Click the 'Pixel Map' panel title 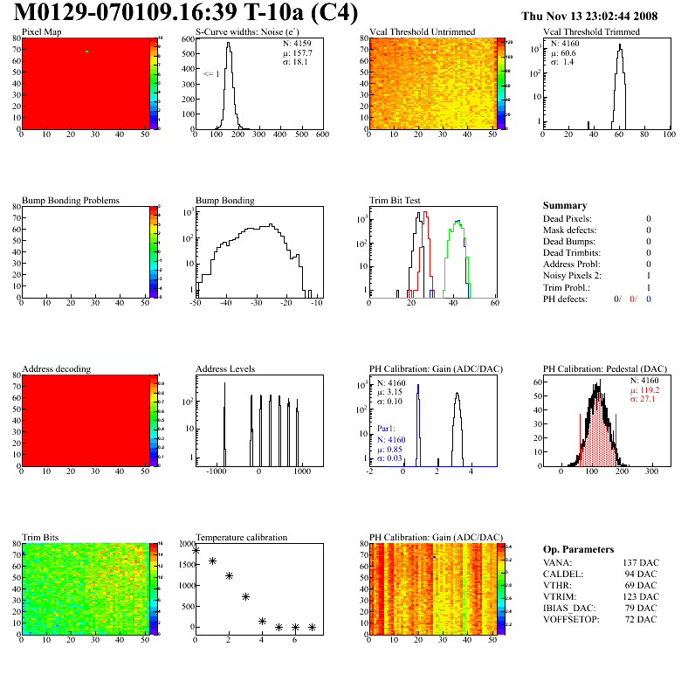[x=42, y=32]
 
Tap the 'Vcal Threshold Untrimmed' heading [x=423, y=32]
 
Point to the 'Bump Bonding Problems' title [x=71, y=201]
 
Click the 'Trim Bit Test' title [x=396, y=201]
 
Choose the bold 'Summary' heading [x=565, y=206]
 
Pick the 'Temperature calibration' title [x=242, y=538]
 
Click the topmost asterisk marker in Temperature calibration [x=196, y=550]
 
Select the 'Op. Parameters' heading [x=578, y=550]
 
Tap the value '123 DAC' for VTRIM [x=634, y=596]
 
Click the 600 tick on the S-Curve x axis [x=321, y=135]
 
